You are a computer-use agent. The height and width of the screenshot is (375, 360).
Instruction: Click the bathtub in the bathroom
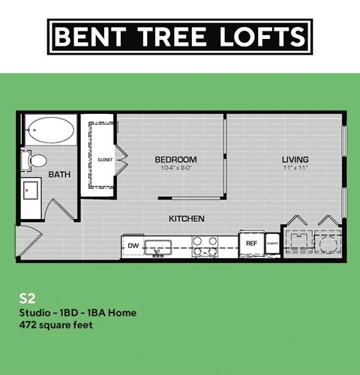(51, 132)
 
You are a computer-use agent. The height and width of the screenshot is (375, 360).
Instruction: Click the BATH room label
(59, 175)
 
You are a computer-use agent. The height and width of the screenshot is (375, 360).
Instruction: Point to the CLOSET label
(105, 160)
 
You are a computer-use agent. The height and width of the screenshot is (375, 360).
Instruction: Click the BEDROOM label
(175, 159)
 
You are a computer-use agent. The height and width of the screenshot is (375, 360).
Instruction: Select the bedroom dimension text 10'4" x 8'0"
(175, 169)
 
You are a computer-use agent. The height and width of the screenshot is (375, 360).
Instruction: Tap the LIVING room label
(295, 159)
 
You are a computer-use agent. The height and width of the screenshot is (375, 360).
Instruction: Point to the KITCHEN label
(187, 218)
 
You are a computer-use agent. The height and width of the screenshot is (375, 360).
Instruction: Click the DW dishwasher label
(133, 245)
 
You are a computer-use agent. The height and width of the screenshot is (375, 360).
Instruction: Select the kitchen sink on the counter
(159, 246)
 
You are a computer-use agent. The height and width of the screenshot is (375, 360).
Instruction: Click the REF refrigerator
(251, 244)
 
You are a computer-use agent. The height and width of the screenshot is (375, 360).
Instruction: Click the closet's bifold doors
(121, 158)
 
